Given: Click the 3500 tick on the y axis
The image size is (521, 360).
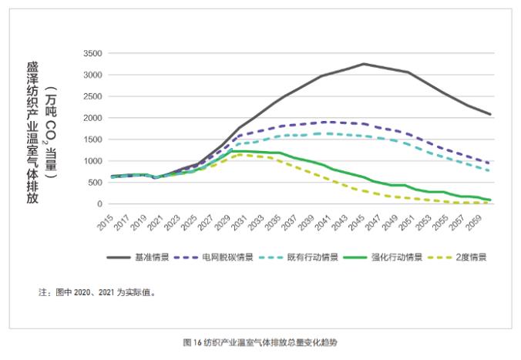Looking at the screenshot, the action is point(92,53).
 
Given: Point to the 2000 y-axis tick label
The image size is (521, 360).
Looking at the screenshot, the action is point(92,118).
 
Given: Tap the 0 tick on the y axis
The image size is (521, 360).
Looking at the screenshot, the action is point(99,204).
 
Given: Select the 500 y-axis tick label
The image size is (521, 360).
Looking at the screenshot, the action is point(95,183).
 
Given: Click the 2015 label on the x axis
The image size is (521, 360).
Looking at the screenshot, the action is point(106,222).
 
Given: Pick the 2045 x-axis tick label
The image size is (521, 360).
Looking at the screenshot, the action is point(357,222).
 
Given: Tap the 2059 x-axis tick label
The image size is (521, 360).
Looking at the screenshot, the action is point(474,222).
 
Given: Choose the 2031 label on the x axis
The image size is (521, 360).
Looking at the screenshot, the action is point(239,222).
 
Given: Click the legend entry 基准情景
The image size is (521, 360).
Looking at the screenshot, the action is point(138,257).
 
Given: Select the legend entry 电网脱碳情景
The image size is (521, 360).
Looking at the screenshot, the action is point(213,257).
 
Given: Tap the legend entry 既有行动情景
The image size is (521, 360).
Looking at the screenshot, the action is point(298,257).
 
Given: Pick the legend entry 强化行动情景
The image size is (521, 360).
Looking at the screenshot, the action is point(383,257).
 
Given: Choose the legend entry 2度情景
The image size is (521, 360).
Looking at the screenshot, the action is point(457,257).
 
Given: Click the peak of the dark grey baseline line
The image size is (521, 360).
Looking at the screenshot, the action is point(364,63).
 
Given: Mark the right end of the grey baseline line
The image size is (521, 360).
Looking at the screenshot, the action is point(490,114).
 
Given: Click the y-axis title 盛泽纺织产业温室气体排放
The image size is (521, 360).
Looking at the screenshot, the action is point(32,133).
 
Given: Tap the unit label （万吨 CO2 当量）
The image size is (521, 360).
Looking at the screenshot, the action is point(51,133).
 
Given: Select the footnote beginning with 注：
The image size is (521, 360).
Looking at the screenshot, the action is point(97,292).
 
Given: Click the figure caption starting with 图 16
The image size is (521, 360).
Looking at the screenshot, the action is point(260,342).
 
